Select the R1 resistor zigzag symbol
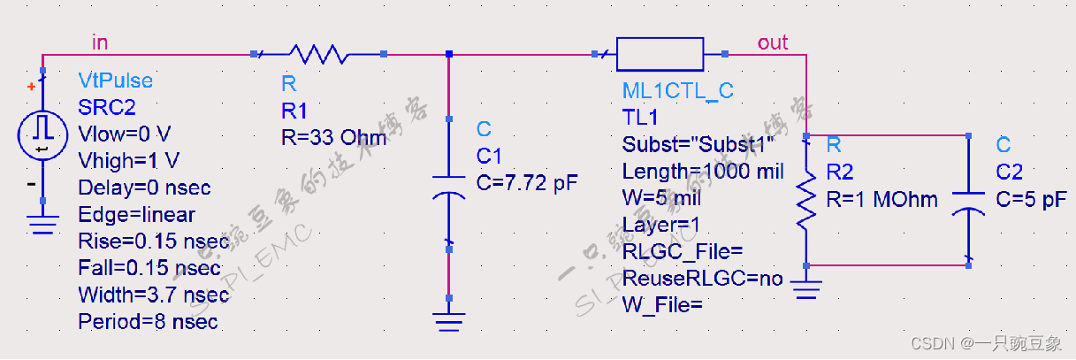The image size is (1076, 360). [x=319, y=54]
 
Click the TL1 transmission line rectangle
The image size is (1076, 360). [x=660, y=54]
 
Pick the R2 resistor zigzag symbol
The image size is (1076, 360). [x=806, y=200]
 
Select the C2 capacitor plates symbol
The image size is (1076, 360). [x=969, y=201]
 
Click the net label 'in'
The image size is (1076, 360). [x=102, y=41]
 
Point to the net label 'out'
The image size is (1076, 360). [x=772, y=42]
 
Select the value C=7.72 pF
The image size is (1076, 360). [x=527, y=183]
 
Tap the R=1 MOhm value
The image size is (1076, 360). [x=881, y=199]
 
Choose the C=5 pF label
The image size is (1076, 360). [x=1031, y=199]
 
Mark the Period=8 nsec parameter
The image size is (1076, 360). [x=148, y=321]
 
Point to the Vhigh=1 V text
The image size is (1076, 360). [x=128, y=161]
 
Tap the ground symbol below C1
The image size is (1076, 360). [x=449, y=320]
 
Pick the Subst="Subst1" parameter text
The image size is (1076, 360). [x=698, y=145]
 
